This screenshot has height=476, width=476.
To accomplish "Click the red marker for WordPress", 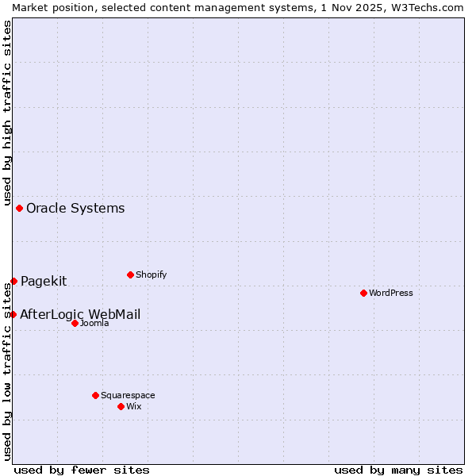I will (x=363, y=293).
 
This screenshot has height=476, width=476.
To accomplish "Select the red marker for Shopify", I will (x=130, y=274).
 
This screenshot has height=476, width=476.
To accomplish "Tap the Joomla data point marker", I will (x=75, y=323).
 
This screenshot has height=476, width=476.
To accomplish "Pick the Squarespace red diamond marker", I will (x=95, y=395).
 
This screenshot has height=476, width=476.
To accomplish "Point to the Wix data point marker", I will (x=121, y=406).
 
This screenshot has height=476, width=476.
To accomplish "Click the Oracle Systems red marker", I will (x=19, y=208).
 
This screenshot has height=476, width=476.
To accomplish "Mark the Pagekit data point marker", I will (x=13, y=281).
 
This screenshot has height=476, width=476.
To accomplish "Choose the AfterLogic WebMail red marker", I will (x=13, y=314).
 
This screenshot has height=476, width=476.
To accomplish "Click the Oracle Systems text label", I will (x=75, y=209).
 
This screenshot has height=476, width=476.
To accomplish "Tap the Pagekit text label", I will (x=44, y=281).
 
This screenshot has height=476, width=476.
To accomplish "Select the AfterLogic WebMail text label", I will (x=80, y=314).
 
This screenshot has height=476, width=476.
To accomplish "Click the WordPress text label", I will (x=391, y=293).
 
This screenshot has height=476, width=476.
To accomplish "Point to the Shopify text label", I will (x=151, y=274).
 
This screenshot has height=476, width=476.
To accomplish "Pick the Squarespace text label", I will (x=128, y=395).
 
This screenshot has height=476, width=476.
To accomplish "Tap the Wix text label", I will (x=133, y=406).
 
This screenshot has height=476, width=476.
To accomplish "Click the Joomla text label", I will (x=94, y=323).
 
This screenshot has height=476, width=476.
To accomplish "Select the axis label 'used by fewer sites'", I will (x=82, y=470).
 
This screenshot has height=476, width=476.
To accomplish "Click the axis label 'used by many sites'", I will (x=398, y=470).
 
